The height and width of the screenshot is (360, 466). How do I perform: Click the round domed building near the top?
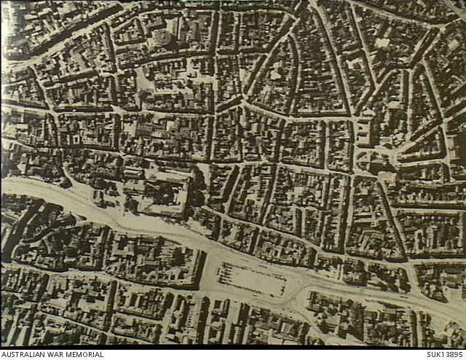162,36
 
